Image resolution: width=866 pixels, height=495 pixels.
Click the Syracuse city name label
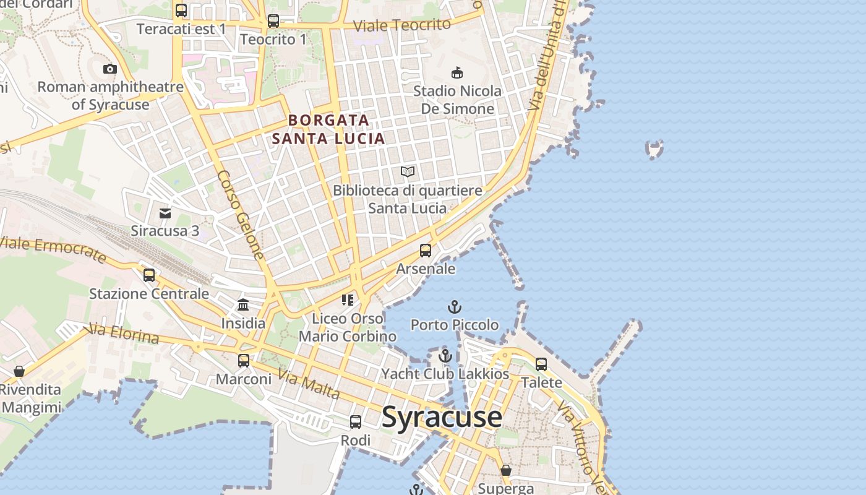click(442, 417)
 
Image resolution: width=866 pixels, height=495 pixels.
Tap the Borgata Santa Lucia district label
click(328, 129)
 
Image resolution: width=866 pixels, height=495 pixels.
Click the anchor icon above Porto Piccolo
click(455, 307)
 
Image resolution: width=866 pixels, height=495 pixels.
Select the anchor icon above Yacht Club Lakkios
click(445, 356)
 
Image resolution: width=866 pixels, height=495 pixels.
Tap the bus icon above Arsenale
click(426, 251)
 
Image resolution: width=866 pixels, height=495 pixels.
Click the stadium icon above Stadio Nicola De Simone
click(457, 73)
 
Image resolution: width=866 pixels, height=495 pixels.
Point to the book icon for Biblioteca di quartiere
click(407, 172)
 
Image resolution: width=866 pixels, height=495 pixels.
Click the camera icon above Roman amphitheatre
click(110, 69)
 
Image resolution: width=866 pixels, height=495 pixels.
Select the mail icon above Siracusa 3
click(165, 213)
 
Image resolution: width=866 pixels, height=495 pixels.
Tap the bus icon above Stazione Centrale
click(149, 275)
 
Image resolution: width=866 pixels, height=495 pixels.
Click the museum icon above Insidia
click(243, 305)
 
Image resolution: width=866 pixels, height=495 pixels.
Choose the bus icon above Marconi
click(244, 361)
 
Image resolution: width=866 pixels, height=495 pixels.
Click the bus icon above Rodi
click(356, 422)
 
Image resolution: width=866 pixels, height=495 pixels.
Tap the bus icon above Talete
click(541, 364)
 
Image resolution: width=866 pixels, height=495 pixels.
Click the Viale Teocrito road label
click(401, 25)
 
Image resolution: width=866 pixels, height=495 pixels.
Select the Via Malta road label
click(309, 384)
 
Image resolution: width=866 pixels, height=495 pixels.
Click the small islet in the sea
click(654, 149)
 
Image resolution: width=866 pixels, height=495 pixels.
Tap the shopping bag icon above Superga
click(506, 470)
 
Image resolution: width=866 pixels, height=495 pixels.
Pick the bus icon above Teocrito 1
click(273, 21)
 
